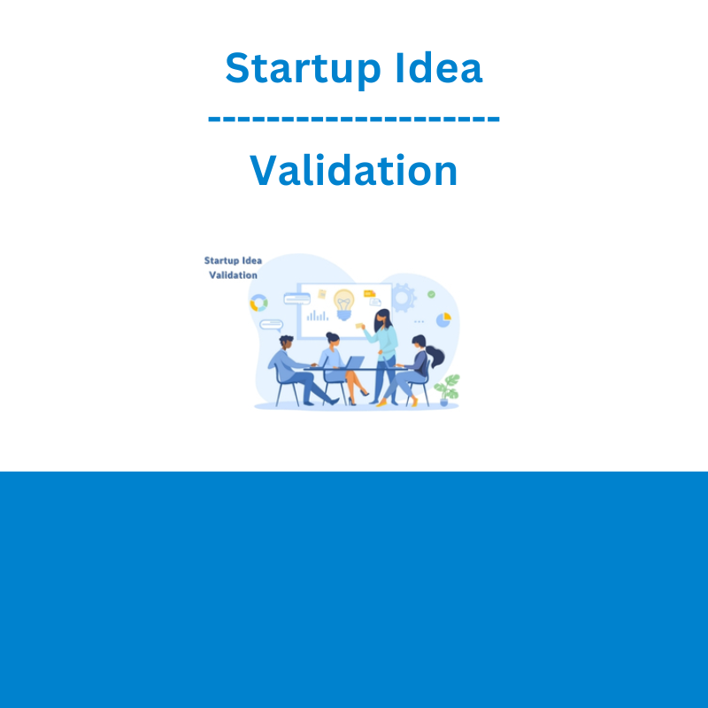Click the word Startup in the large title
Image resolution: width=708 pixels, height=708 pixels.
(303, 69)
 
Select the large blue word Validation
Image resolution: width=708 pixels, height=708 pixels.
(353, 170)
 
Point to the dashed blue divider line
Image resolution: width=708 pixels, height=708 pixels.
(353, 119)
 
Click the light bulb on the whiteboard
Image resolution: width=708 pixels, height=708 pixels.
(344, 304)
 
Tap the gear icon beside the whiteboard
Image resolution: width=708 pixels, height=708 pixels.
(404, 298)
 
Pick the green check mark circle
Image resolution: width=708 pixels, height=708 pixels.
(431, 295)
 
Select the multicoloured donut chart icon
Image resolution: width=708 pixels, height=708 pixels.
(258, 303)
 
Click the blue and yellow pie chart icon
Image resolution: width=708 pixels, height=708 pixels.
(443, 319)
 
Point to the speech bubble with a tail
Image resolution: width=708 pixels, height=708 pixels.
(272, 325)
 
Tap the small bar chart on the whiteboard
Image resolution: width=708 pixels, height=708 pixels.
(318, 316)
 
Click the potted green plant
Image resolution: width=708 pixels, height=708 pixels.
(447, 389)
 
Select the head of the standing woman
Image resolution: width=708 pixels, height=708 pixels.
(383, 319)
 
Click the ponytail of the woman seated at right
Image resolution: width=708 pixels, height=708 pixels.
(435, 356)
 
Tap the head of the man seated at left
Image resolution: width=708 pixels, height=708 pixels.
(286, 342)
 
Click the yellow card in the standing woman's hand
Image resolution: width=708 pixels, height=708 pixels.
(359, 326)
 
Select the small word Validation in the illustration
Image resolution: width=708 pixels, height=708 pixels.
(233, 275)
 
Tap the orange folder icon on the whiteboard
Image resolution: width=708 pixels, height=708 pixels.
(369, 294)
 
